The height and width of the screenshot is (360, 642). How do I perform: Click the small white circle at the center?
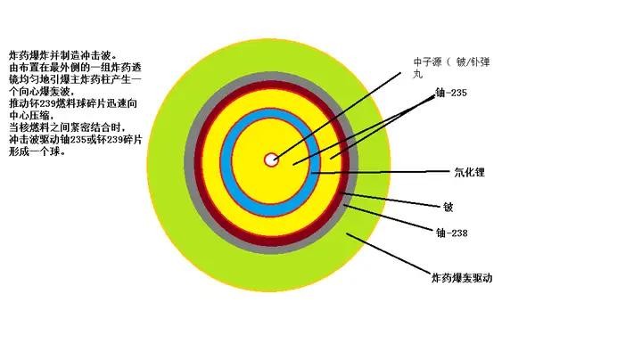coord(271,160)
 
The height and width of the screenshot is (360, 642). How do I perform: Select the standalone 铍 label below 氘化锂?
coord(449,207)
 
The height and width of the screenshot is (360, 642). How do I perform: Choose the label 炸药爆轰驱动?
coord(462,278)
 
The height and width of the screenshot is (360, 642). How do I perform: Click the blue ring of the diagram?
coord(225,160)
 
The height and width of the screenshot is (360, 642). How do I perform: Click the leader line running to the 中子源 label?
coord(339,111)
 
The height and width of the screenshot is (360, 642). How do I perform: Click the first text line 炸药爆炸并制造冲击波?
coord(62,54)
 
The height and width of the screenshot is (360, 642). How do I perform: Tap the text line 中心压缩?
coord(31,115)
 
